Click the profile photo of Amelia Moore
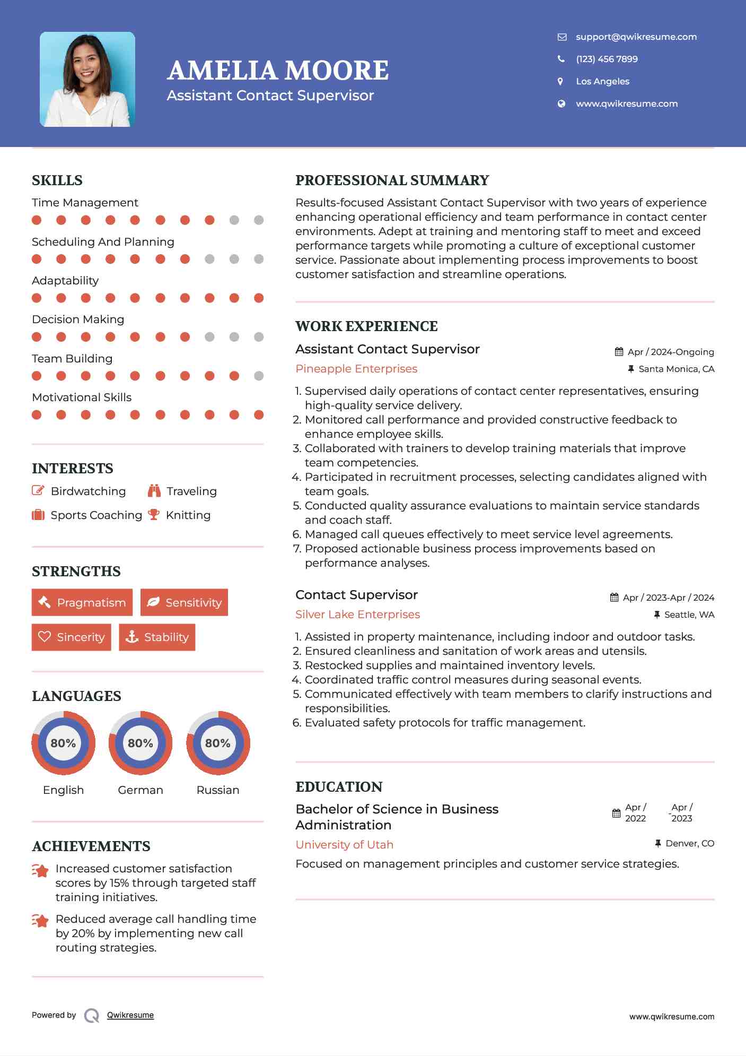[87, 79]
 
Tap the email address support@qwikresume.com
[636, 37]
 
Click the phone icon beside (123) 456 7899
[561, 59]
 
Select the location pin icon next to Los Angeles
[560, 81]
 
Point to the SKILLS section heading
[57, 180]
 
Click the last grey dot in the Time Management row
[259, 220]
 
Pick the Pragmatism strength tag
[82, 602]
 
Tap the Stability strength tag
[157, 637]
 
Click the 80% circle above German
[141, 743]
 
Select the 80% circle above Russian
[218, 743]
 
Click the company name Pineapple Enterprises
[356, 369]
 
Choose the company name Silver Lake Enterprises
[357, 614]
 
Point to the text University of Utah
[344, 845]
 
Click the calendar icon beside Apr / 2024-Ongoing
[619, 352]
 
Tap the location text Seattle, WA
[689, 614]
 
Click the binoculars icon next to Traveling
[154, 491]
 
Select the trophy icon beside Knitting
[154, 515]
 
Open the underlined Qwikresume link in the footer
[130, 1015]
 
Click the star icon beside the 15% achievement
[40, 871]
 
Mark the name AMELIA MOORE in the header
[278, 71]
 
